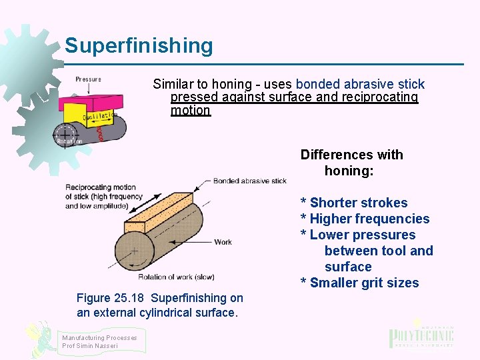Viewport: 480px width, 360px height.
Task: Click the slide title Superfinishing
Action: [139, 46]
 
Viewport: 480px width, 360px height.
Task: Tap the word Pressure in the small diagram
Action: [88, 79]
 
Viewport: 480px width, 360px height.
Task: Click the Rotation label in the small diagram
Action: [69, 141]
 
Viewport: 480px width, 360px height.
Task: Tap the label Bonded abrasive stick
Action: [250, 181]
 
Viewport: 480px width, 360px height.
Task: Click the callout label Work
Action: [223, 242]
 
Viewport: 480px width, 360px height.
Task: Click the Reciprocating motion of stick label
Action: [103, 197]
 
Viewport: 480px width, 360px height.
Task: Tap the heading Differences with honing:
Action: [352, 163]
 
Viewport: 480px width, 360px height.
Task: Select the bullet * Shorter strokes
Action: [354, 203]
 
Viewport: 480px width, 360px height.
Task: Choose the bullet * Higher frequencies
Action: [365, 219]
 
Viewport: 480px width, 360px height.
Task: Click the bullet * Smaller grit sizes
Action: [360, 283]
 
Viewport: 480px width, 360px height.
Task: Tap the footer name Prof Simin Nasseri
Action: [90, 346]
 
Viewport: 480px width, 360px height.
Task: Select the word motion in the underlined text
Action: [190, 111]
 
